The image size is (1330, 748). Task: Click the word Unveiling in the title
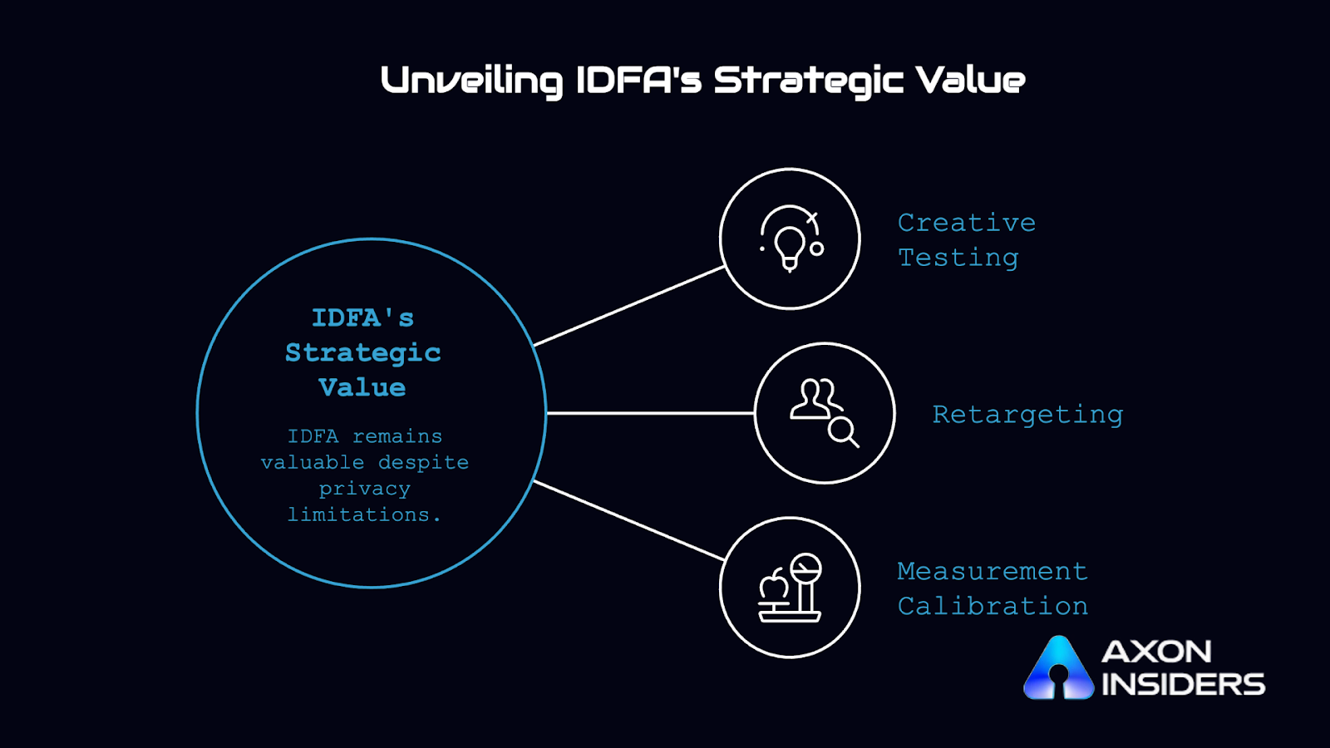coord(471,81)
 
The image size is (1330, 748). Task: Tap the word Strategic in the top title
coord(808,81)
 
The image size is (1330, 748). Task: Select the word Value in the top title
coord(970,81)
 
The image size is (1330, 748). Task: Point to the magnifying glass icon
coord(843,431)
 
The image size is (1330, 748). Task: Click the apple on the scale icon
coord(774,585)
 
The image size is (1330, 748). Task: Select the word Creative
coord(966,223)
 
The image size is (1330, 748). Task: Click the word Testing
coord(958,258)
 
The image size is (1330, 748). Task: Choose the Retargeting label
coord(1027,414)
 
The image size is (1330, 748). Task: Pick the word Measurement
coord(992,571)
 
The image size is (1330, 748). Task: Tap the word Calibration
coord(993,606)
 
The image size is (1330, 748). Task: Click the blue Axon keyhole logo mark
coord(1058,669)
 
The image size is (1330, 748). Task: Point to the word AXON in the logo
coord(1156,652)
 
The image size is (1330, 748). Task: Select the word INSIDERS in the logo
coord(1183,685)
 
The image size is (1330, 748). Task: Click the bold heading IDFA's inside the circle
coord(362,317)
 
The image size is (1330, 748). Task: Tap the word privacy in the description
coord(364,489)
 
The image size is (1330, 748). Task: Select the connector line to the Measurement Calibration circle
coord(628,520)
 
